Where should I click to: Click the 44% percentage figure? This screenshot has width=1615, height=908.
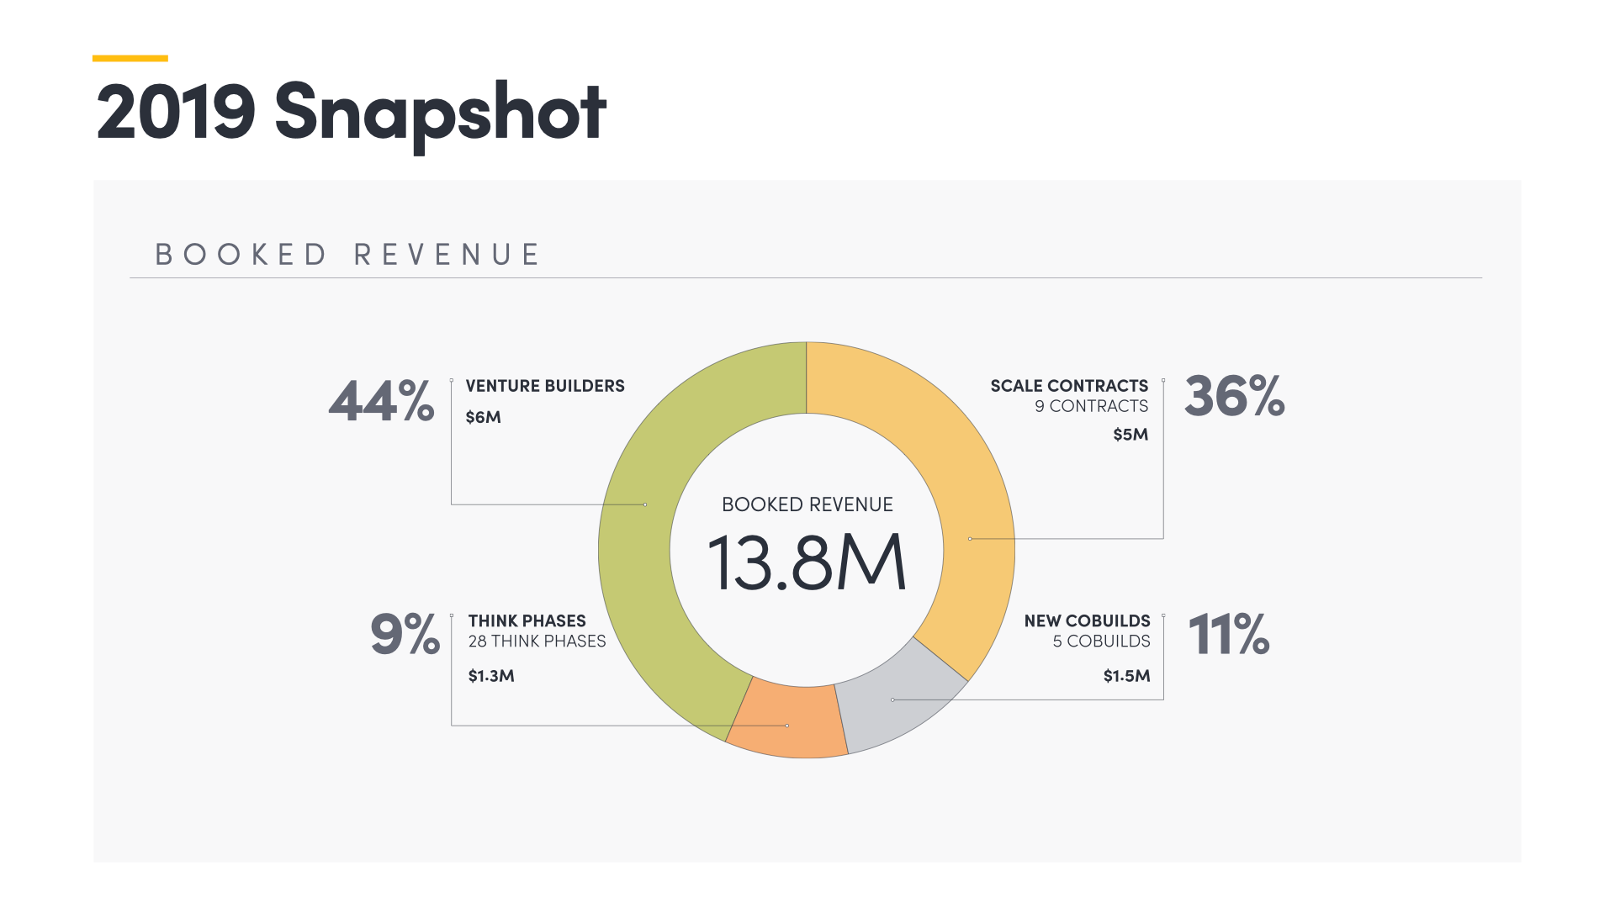point(382,401)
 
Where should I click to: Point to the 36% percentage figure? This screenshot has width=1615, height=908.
point(1234,396)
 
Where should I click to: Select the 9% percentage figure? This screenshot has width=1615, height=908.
point(405,635)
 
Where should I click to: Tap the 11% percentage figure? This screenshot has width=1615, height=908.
point(1228,635)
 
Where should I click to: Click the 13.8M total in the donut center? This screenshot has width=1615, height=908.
point(807,562)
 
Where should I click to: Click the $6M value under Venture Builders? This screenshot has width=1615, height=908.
point(483,418)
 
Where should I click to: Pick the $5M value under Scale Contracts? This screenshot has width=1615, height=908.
point(1130,435)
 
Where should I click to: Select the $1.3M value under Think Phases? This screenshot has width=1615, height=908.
point(491,676)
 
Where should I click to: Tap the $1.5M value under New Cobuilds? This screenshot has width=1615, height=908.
point(1126,676)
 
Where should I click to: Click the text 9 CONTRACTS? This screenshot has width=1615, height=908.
point(1091,406)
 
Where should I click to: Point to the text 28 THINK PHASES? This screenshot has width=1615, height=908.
point(537,641)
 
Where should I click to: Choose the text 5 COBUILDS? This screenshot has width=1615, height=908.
point(1101,641)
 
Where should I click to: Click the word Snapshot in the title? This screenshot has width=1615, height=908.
point(440,113)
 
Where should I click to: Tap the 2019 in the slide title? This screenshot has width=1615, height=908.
point(176,113)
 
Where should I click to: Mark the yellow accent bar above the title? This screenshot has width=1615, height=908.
point(130,58)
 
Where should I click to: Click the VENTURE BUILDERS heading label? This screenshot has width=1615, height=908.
point(545,386)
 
